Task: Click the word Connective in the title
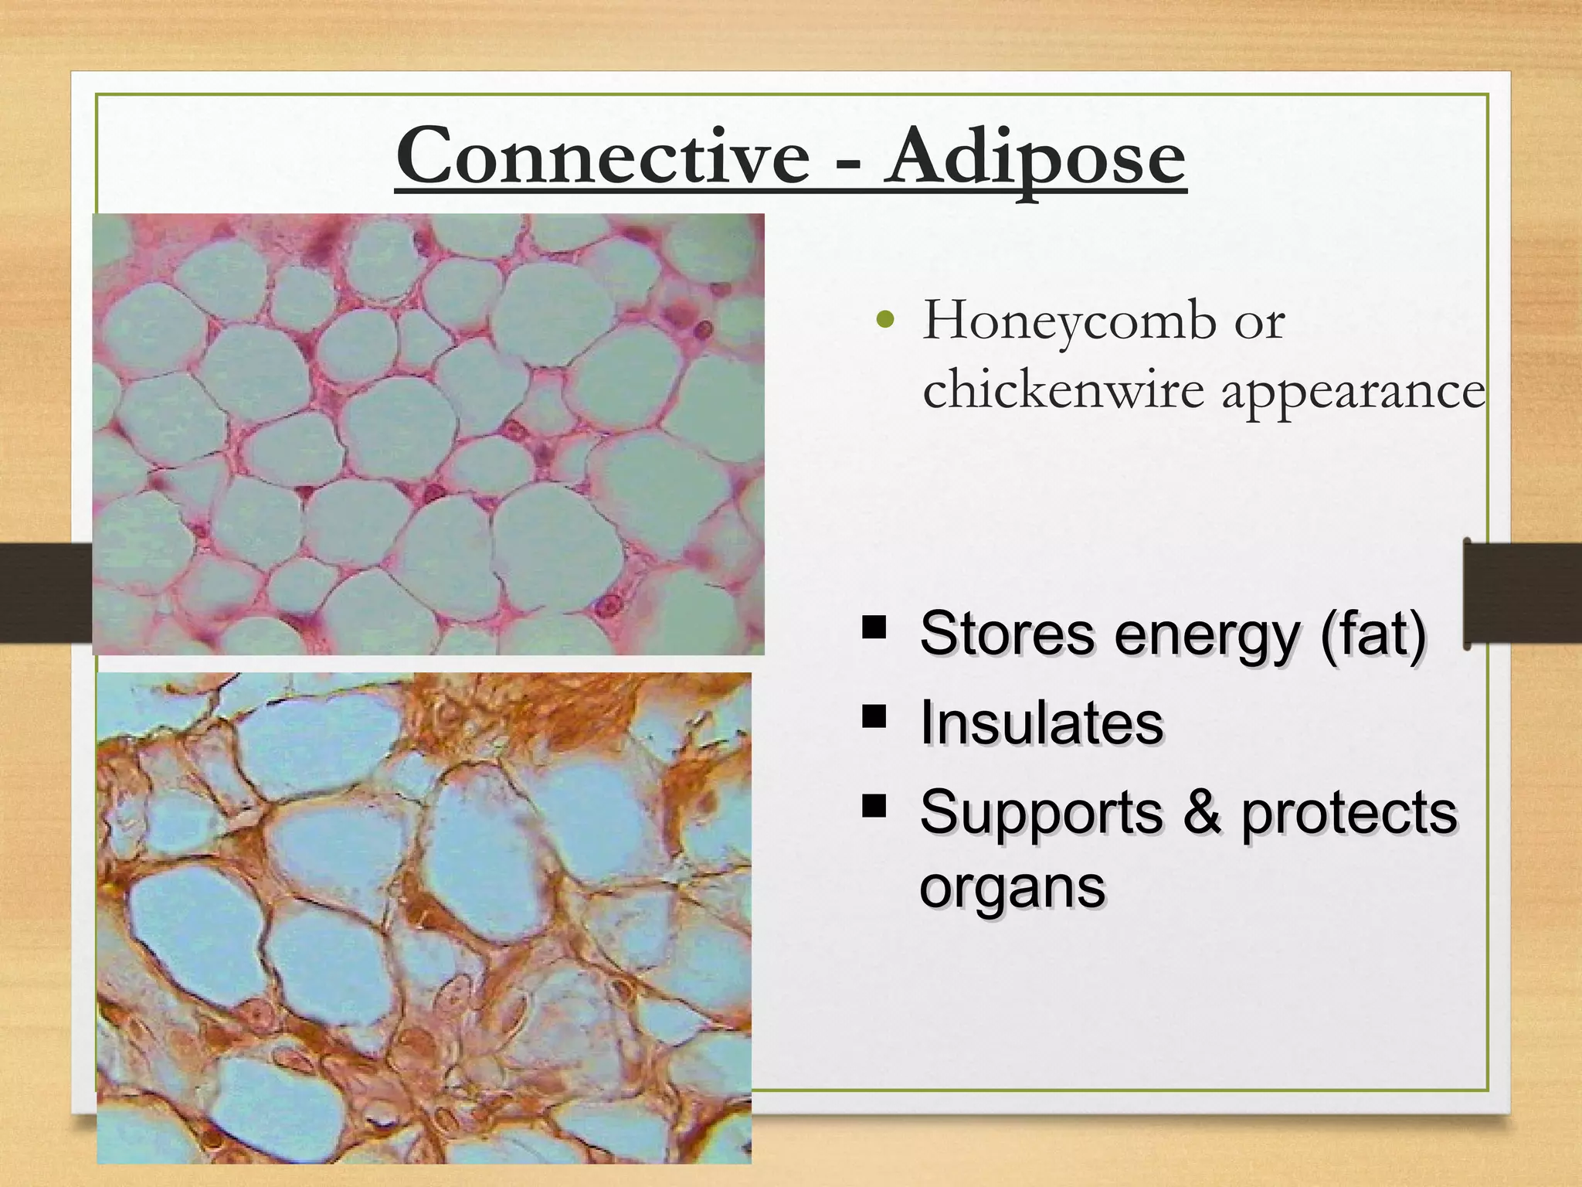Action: pyautogui.click(x=603, y=158)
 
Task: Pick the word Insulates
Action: pyautogui.click(x=1041, y=723)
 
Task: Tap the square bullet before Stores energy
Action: pyautogui.click(x=874, y=626)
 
